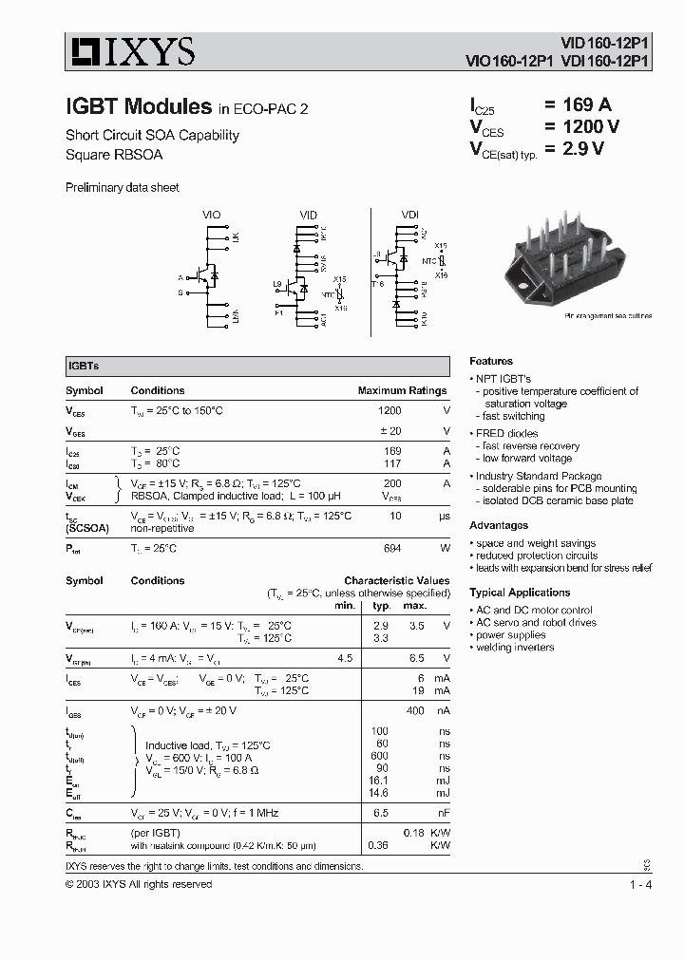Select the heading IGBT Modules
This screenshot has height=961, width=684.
tap(138, 106)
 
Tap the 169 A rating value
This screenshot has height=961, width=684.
tap(582, 105)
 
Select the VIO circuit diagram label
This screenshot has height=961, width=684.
tap(211, 216)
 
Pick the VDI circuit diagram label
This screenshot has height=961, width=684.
tap(409, 216)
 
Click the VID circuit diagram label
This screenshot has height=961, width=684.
tap(309, 216)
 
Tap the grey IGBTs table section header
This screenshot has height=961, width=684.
tap(257, 366)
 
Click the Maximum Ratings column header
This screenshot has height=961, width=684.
tap(402, 390)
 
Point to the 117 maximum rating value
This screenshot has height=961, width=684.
tap(390, 463)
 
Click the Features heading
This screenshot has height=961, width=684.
tap(491, 361)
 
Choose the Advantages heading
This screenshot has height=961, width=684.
tap(499, 525)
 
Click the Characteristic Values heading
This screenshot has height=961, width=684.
tap(396, 580)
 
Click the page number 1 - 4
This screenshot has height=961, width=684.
tap(639, 885)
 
